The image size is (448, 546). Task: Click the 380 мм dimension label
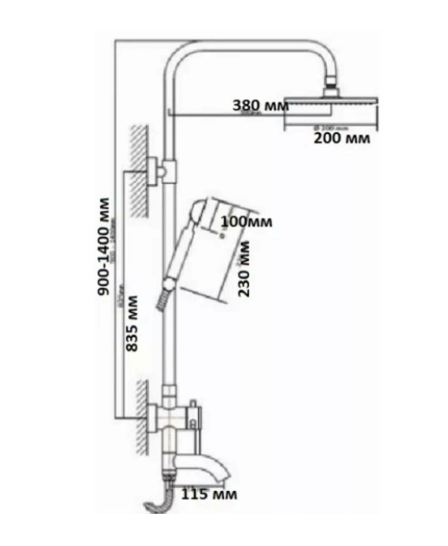(260, 105)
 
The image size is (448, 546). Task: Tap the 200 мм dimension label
(342, 139)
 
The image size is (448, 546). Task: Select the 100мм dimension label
(246, 221)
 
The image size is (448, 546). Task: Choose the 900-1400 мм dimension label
(105, 246)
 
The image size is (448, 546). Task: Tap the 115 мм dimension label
(209, 494)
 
